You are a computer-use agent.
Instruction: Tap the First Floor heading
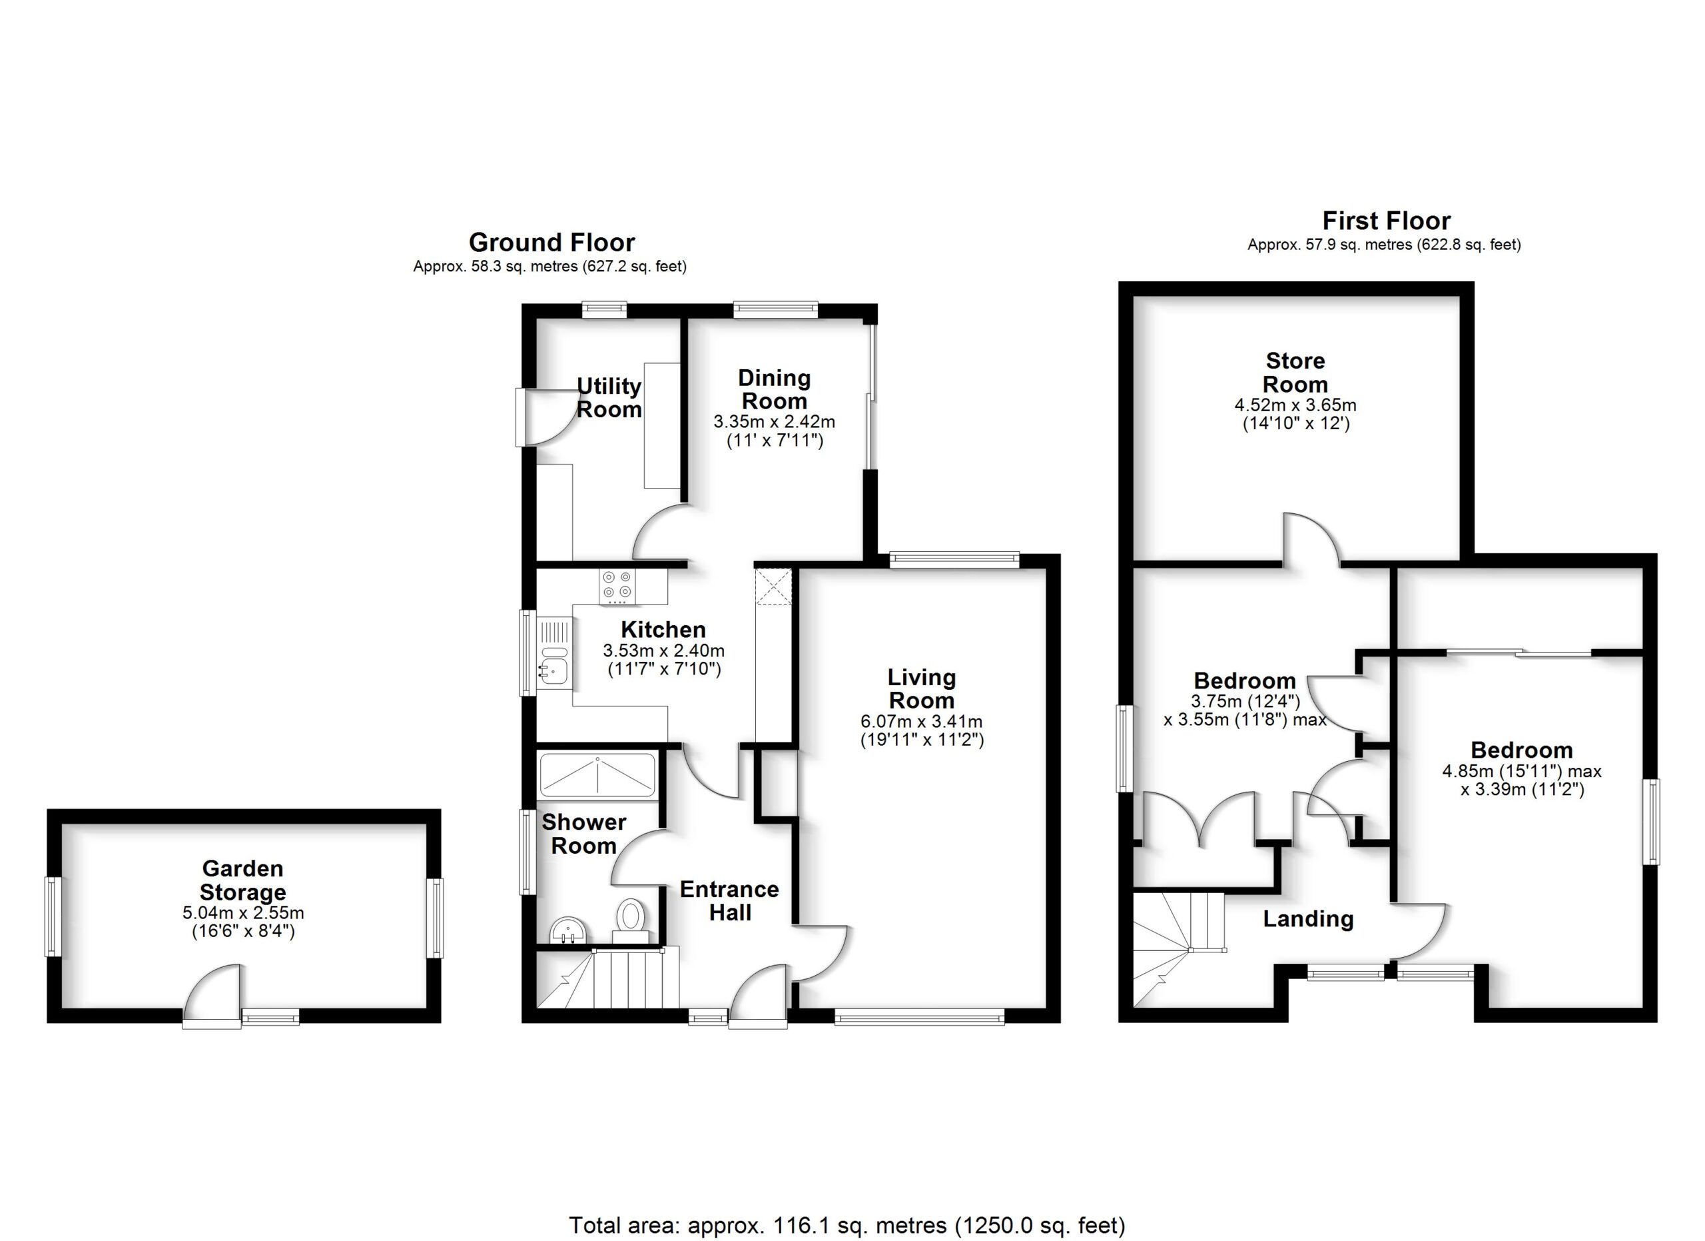pyautogui.click(x=1385, y=221)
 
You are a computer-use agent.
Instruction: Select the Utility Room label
pyautogui.click(x=609, y=397)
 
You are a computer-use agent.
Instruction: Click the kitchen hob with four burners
pyautogui.click(x=617, y=586)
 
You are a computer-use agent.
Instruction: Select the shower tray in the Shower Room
pyautogui.click(x=597, y=774)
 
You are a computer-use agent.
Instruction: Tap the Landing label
pyautogui.click(x=1307, y=918)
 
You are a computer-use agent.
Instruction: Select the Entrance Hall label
pyautogui.click(x=729, y=901)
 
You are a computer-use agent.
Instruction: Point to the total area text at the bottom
pyautogui.click(x=847, y=1225)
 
